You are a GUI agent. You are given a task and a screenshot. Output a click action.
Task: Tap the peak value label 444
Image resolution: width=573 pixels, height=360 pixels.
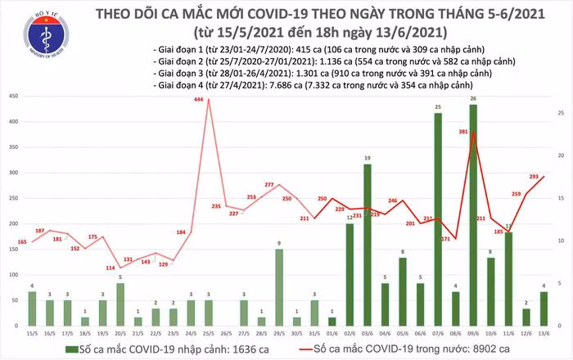point(198,100)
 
